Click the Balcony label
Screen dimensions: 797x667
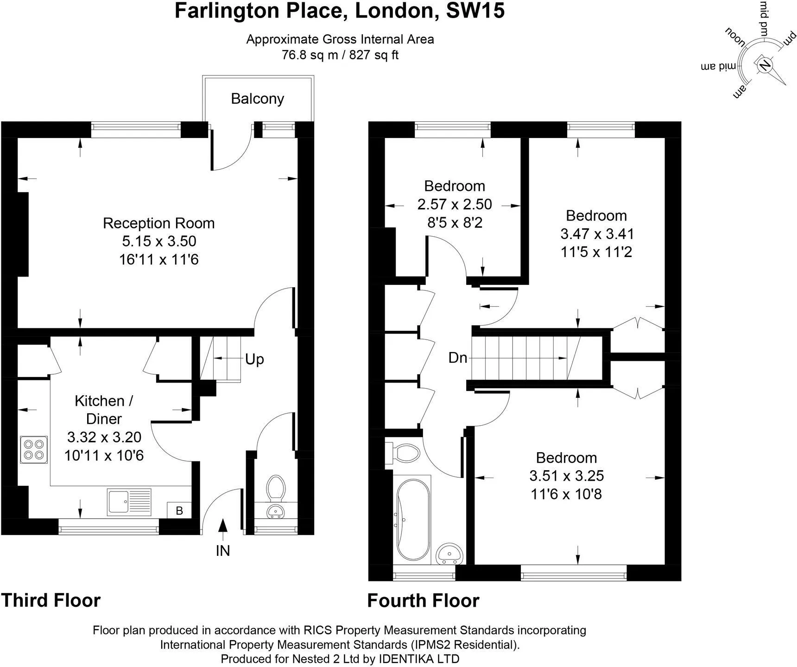pos(257,99)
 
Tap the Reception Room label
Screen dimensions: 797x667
pos(158,223)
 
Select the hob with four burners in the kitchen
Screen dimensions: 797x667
pos(34,449)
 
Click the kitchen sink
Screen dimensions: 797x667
pos(129,502)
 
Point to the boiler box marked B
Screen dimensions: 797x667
pos(179,510)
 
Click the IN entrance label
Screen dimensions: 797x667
pos(223,551)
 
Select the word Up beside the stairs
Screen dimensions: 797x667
pos(254,359)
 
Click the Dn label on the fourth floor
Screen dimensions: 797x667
pos(458,358)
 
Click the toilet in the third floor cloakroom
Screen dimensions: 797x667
pos(276,488)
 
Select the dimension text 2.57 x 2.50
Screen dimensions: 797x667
pos(455,204)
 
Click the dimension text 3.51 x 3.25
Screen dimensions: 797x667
pos(567,476)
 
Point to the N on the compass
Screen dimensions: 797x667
pos(764,64)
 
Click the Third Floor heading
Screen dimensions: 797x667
pos(51,600)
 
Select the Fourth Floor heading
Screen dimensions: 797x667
pos(423,601)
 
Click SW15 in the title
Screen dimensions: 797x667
pos(475,10)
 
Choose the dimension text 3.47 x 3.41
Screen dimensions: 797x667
pos(597,234)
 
